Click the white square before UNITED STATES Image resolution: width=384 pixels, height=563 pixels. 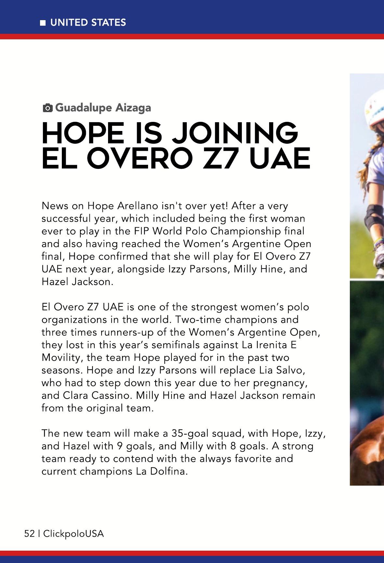43,23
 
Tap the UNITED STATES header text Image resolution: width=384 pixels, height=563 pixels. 88,22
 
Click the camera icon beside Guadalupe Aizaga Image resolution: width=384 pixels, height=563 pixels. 48,108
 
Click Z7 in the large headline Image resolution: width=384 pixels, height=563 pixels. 220,158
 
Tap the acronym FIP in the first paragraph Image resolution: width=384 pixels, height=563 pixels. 142,231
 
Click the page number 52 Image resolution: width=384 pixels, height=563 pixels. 30,534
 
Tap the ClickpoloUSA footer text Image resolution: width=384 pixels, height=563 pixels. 73,534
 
